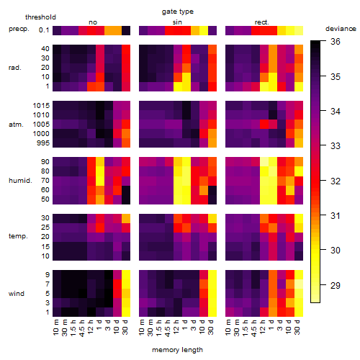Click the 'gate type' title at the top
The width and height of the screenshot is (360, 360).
[178, 12]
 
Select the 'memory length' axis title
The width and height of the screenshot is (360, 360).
[178, 350]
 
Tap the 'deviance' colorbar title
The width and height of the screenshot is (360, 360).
[341, 29]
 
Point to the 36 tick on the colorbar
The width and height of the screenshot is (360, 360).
[336, 42]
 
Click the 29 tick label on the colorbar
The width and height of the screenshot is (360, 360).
[336, 285]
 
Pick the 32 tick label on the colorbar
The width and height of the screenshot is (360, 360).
[336, 181]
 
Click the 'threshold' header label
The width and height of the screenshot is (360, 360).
[40, 17]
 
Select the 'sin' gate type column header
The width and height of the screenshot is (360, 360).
[177, 22]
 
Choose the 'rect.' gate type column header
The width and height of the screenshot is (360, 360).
[261, 22]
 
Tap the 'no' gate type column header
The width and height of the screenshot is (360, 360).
[93, 22]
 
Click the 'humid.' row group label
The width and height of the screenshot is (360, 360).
[20, 181]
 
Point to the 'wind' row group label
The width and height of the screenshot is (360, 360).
[17, 294]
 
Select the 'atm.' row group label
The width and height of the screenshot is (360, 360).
[16, 125]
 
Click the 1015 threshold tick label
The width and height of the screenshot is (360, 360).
[41, 106]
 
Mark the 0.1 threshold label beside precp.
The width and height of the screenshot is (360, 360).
[44, 30]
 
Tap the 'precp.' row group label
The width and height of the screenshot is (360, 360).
[19, 29]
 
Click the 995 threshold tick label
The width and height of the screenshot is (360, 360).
[43, 143]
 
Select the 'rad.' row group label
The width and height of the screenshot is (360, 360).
[15, 68]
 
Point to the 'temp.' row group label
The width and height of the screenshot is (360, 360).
[18, 236]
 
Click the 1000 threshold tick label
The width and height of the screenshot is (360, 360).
[41, 134]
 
